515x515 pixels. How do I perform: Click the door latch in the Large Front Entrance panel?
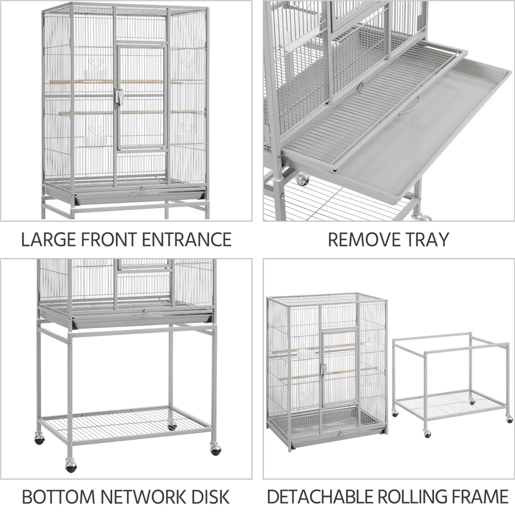[118, 97]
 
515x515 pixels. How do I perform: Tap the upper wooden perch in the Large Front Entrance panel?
[82, 82]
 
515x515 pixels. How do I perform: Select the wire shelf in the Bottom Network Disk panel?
[126, 420]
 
